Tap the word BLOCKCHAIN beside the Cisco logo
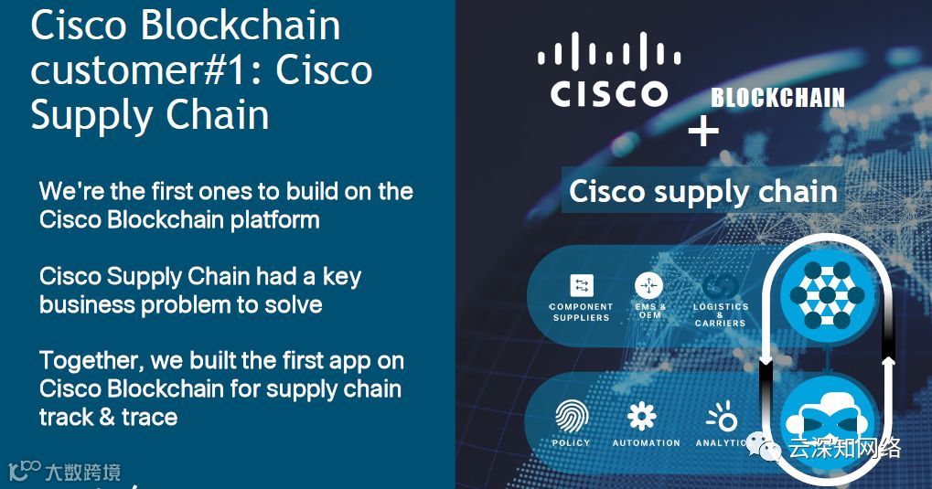pos(777,98)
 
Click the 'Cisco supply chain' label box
pos(702,192)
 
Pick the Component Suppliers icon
pos(581,285)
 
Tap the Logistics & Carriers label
pos(721,314)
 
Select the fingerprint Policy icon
pos(572,417)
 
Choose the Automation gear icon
pos(642,417)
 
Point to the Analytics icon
pos(722,418)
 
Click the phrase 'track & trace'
pos(108,417)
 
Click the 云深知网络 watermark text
pos(844,448)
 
